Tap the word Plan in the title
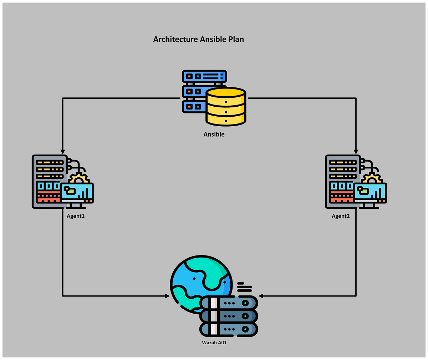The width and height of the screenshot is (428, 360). [236, 39]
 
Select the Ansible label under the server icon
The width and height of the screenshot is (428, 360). [214, 135]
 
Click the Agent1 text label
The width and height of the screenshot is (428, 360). [76, 216]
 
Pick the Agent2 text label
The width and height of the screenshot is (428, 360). [341, 216]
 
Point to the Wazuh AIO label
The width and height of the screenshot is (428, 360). [214, 343]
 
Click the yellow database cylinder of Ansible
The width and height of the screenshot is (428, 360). [226, 107]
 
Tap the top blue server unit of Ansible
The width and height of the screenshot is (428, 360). [204, 76]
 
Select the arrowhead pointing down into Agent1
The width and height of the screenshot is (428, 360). [63, 151]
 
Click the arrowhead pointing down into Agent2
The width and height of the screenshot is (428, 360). [356, 151]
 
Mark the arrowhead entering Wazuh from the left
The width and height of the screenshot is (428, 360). [167, 296]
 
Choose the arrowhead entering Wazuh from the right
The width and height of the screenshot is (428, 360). [261, 296]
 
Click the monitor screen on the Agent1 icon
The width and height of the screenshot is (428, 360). [77, 193]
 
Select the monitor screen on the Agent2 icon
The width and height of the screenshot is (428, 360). [370, 193]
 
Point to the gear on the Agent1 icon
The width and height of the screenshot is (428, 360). [78, 178]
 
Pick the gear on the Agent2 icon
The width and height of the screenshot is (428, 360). [372, 178]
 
